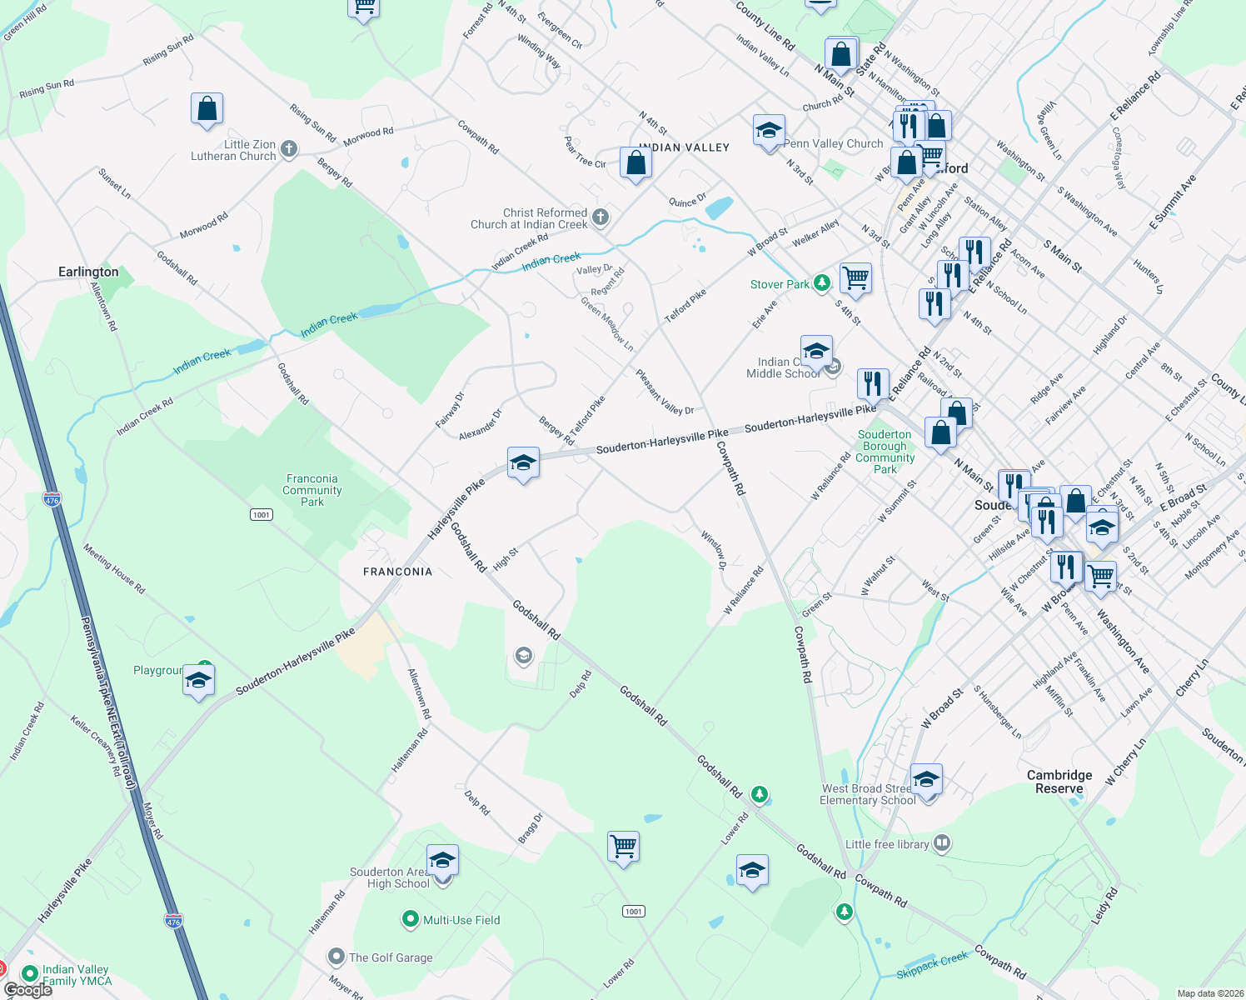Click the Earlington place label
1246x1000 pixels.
(x=88, y=272)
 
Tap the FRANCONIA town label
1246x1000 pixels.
(x=397, y=572)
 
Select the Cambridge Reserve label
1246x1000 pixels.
(x=1059, y=782)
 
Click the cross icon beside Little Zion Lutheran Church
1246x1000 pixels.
(x=289, y=149)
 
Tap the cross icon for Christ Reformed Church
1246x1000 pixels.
(x=601, y=218)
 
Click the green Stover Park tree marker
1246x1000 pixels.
(x=822, y=284)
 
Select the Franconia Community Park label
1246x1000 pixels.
(x=312, y=490)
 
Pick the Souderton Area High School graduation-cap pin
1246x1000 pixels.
(x=442, y=860)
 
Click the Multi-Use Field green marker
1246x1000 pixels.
(x=410, y=919)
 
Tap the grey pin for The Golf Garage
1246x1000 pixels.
(x=336, y=957)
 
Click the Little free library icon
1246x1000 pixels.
(x=941, y=843)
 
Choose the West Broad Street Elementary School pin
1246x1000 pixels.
(x=926, y=781)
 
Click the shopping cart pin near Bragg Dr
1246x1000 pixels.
(x=623, y=847)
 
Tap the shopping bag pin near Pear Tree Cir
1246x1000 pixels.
(x=635, y=163)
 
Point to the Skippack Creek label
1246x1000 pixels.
(x=932, y=965)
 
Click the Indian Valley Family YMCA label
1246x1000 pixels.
(x=76, y=975)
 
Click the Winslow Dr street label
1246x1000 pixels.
(x=714, y=550)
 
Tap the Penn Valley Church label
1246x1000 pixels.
(x=833, y=143)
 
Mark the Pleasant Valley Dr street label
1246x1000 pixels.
(x=665, y=392)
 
